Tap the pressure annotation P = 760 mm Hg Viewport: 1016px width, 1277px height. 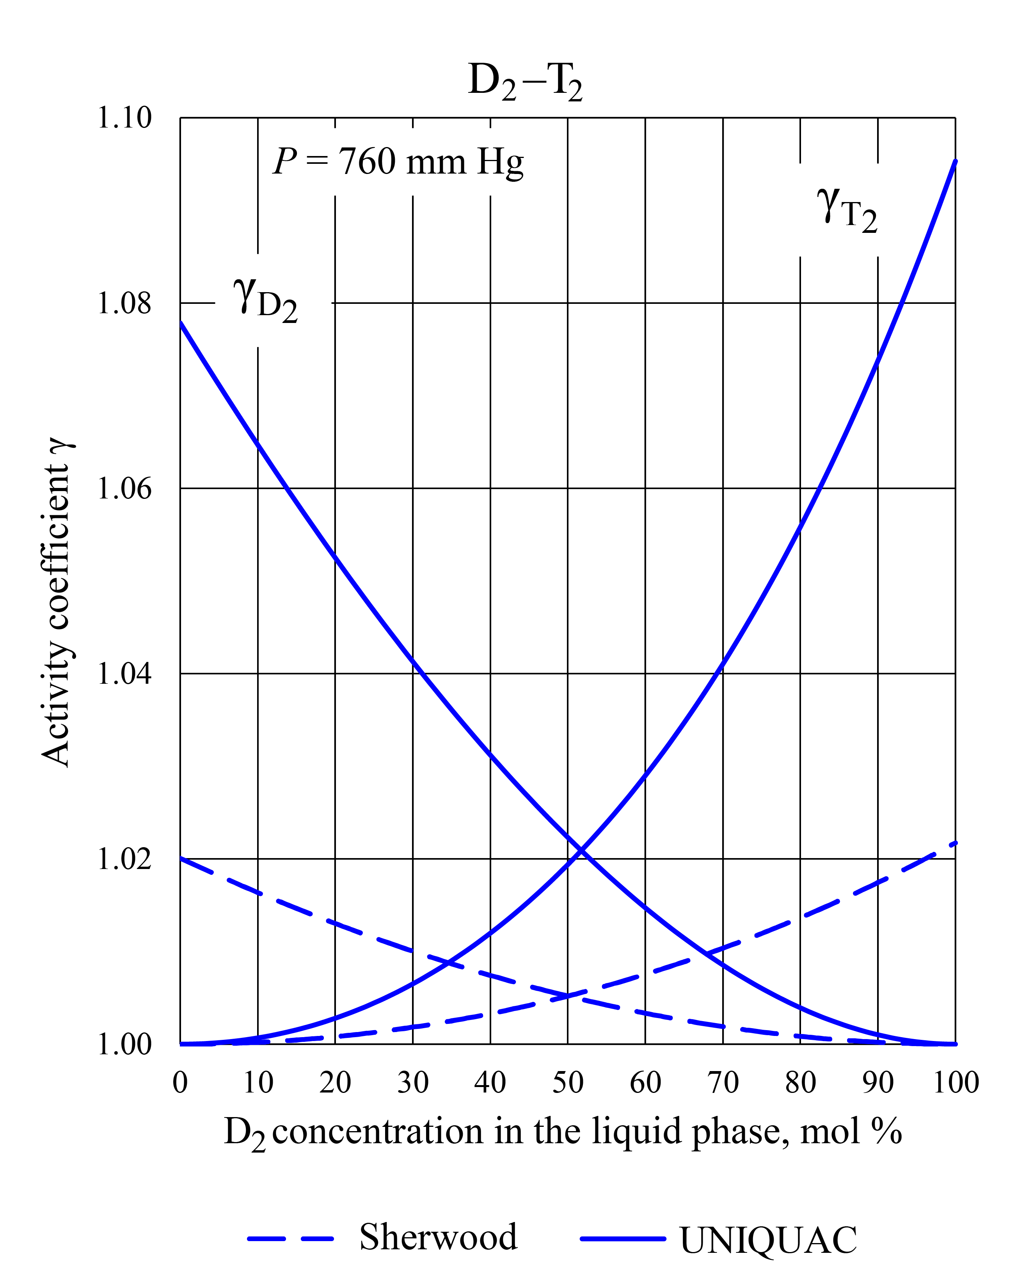[398, 162]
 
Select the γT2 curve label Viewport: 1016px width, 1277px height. [846, 210]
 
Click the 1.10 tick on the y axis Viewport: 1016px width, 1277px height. [124, 117]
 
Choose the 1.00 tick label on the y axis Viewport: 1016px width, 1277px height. [124, 1044]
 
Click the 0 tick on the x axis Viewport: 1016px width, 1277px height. [180, 1083]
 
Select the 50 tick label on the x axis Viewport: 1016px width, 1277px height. [568, 1083]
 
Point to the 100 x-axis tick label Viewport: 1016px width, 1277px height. [956, 1083]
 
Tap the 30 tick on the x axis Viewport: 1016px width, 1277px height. [413, 1083]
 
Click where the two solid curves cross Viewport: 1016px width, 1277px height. [582, 852]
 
